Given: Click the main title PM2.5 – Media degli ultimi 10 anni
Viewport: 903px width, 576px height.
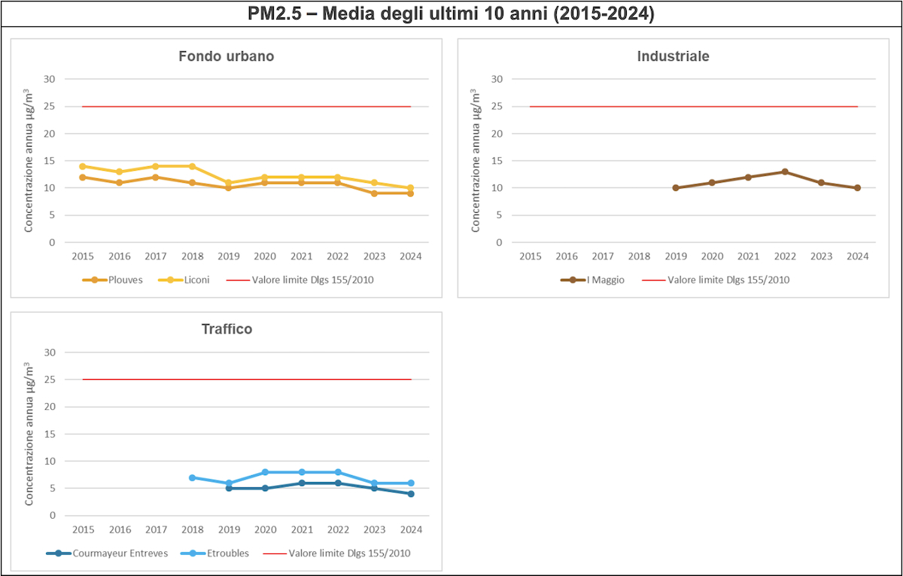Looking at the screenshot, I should pyautogui.click(x=451, y=14).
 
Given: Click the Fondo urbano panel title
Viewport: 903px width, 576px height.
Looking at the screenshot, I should pyautogui.click(x=226, y=56).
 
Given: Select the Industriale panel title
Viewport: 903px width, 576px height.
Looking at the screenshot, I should pyautogui.click(x=673, y=56).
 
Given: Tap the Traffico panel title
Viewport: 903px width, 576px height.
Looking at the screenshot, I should pyautogui.click(x=227, y=329).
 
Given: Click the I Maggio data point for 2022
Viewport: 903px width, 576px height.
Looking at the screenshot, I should pyautogui.click(x=785, y=171).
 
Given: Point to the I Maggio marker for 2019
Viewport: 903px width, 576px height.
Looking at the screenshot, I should pyautogui.click(x=676, y=188).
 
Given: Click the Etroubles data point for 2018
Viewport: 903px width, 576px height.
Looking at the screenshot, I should pyautogui.click(x=193, y=477).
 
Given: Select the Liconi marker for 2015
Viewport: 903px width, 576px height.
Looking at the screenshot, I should pyautogui.click(x=83, y=166).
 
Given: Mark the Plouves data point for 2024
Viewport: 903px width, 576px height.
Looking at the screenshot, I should pyautogui.click(x=410, y=193).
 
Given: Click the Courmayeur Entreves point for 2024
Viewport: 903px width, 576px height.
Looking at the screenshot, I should pyautogui.click(x=410, y=494).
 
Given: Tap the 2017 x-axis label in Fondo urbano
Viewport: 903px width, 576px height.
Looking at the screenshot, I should pyautogui.click(x=156, y=256).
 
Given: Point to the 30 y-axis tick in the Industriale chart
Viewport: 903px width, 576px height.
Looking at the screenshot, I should pyautogui.click(x=497, y=79).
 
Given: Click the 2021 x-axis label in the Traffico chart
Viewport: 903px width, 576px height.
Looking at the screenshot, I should pyautogui.click(x=302, y=529).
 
